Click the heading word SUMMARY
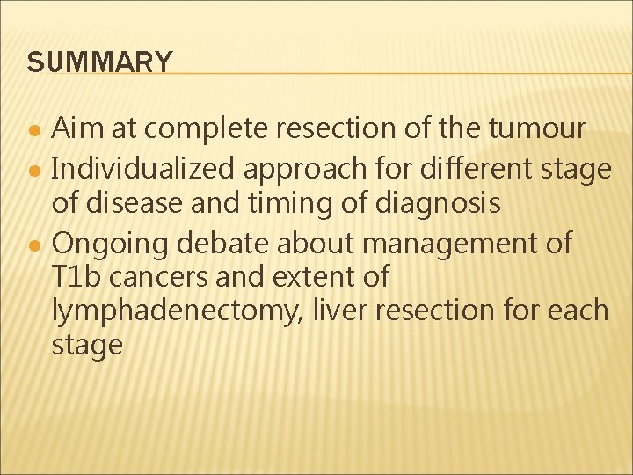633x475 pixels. (x=99, y=62)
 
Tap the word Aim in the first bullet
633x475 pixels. (x=74, y=128)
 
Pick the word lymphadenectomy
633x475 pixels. (x=174, y=311)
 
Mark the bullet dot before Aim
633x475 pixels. (x=33, y=130)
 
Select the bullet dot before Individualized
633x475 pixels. (x=33, y=168)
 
